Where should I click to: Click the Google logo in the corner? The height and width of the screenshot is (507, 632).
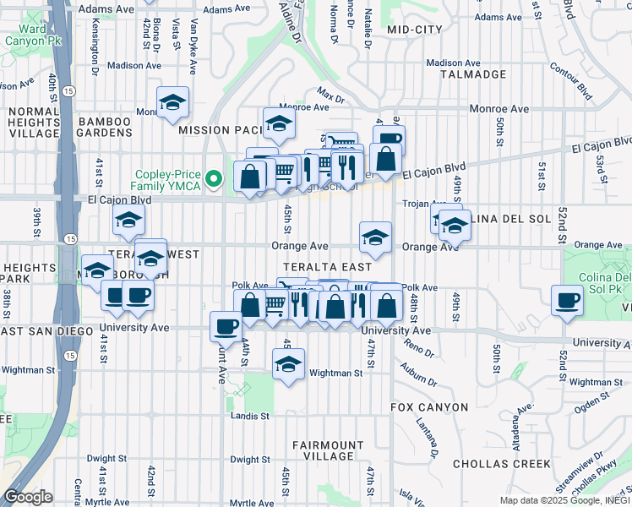click(28, 497)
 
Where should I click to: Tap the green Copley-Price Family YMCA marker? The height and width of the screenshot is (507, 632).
click(215, 178)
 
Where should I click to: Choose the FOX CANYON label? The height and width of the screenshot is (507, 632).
click(429, 407)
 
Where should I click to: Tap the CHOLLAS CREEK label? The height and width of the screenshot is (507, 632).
click(502, 464)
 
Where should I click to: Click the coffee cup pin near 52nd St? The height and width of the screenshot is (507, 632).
click(567, 299)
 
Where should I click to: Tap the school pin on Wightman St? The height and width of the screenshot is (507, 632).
click(288, 364)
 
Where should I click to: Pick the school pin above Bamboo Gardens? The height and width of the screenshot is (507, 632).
click(173, 104)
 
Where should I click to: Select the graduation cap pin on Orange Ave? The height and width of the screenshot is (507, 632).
click(375, 236)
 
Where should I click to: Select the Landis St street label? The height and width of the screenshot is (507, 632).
click(250, 416)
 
